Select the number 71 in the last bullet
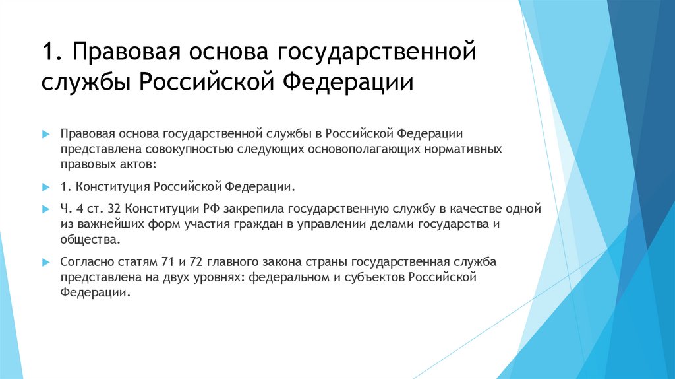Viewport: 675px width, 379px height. (x=152, y=262)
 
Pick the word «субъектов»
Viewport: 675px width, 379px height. (x=370, y=277)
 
